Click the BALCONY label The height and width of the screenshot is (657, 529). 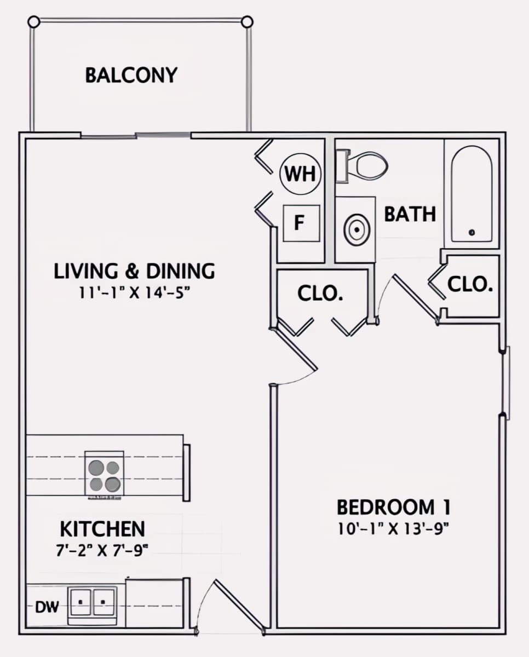click(131, 76)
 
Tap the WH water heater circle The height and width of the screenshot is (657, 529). click(301, 174)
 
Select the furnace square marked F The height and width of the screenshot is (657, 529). click(301, 223)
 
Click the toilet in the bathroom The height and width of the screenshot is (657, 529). click(361, 166)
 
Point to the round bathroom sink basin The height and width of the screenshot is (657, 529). click(357, 229)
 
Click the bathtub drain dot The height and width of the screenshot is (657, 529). click(472, 232)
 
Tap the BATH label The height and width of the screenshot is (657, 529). click(410, 214)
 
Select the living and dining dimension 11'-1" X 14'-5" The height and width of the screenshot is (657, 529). click(134, 293)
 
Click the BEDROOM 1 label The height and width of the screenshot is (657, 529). click(394, 507)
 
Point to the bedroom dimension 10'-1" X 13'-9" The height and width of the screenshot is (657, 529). click(393, 529)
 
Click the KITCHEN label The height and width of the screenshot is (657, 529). click(102, 529)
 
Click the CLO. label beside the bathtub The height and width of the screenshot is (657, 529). click(470, 284)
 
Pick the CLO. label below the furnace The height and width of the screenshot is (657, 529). click(320, 293)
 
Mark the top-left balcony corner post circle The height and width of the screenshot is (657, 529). click(34, 22)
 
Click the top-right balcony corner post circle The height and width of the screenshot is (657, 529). click(247, 22)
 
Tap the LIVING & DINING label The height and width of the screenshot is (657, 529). click(134, 271)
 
